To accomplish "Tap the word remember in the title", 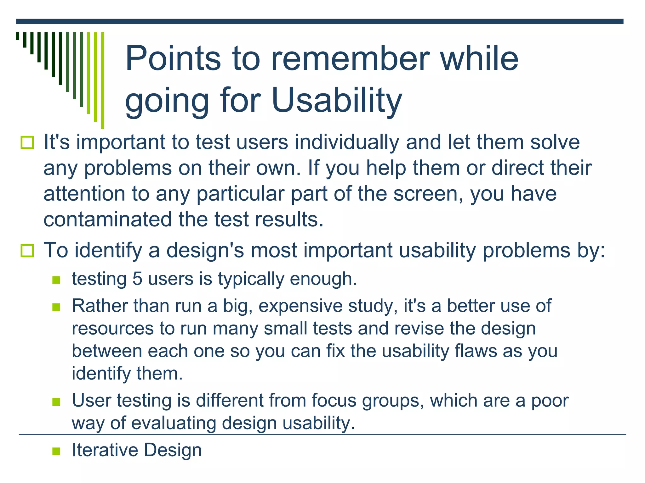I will (350, 58).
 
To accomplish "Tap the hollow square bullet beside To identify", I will (27, 251).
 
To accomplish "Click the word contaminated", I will (107, 219).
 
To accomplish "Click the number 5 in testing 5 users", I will (137, 279).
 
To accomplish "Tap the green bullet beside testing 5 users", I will (56, 280).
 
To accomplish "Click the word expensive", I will (300, 306).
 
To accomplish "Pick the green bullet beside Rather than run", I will (56, 307).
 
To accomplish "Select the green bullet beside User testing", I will (56, 402).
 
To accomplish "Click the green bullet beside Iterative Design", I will (56, 451).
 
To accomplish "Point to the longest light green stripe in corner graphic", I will (102, 80).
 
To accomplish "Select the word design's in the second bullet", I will (205, 251).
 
